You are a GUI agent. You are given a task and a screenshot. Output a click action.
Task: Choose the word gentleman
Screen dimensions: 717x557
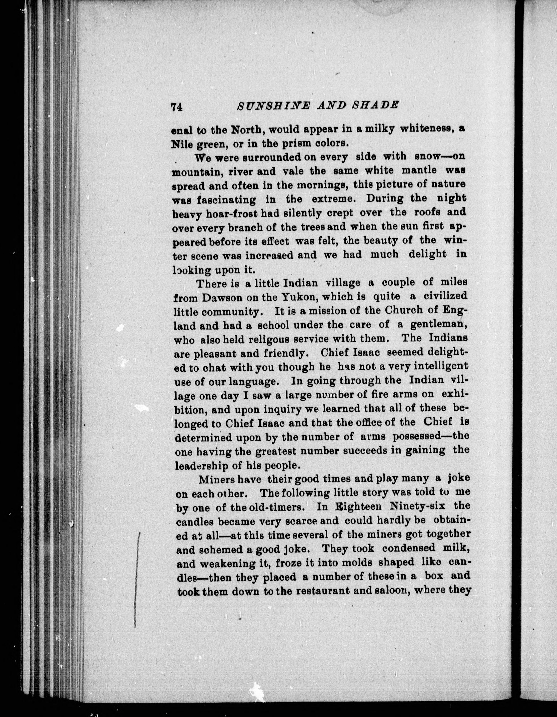click(439, 325)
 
